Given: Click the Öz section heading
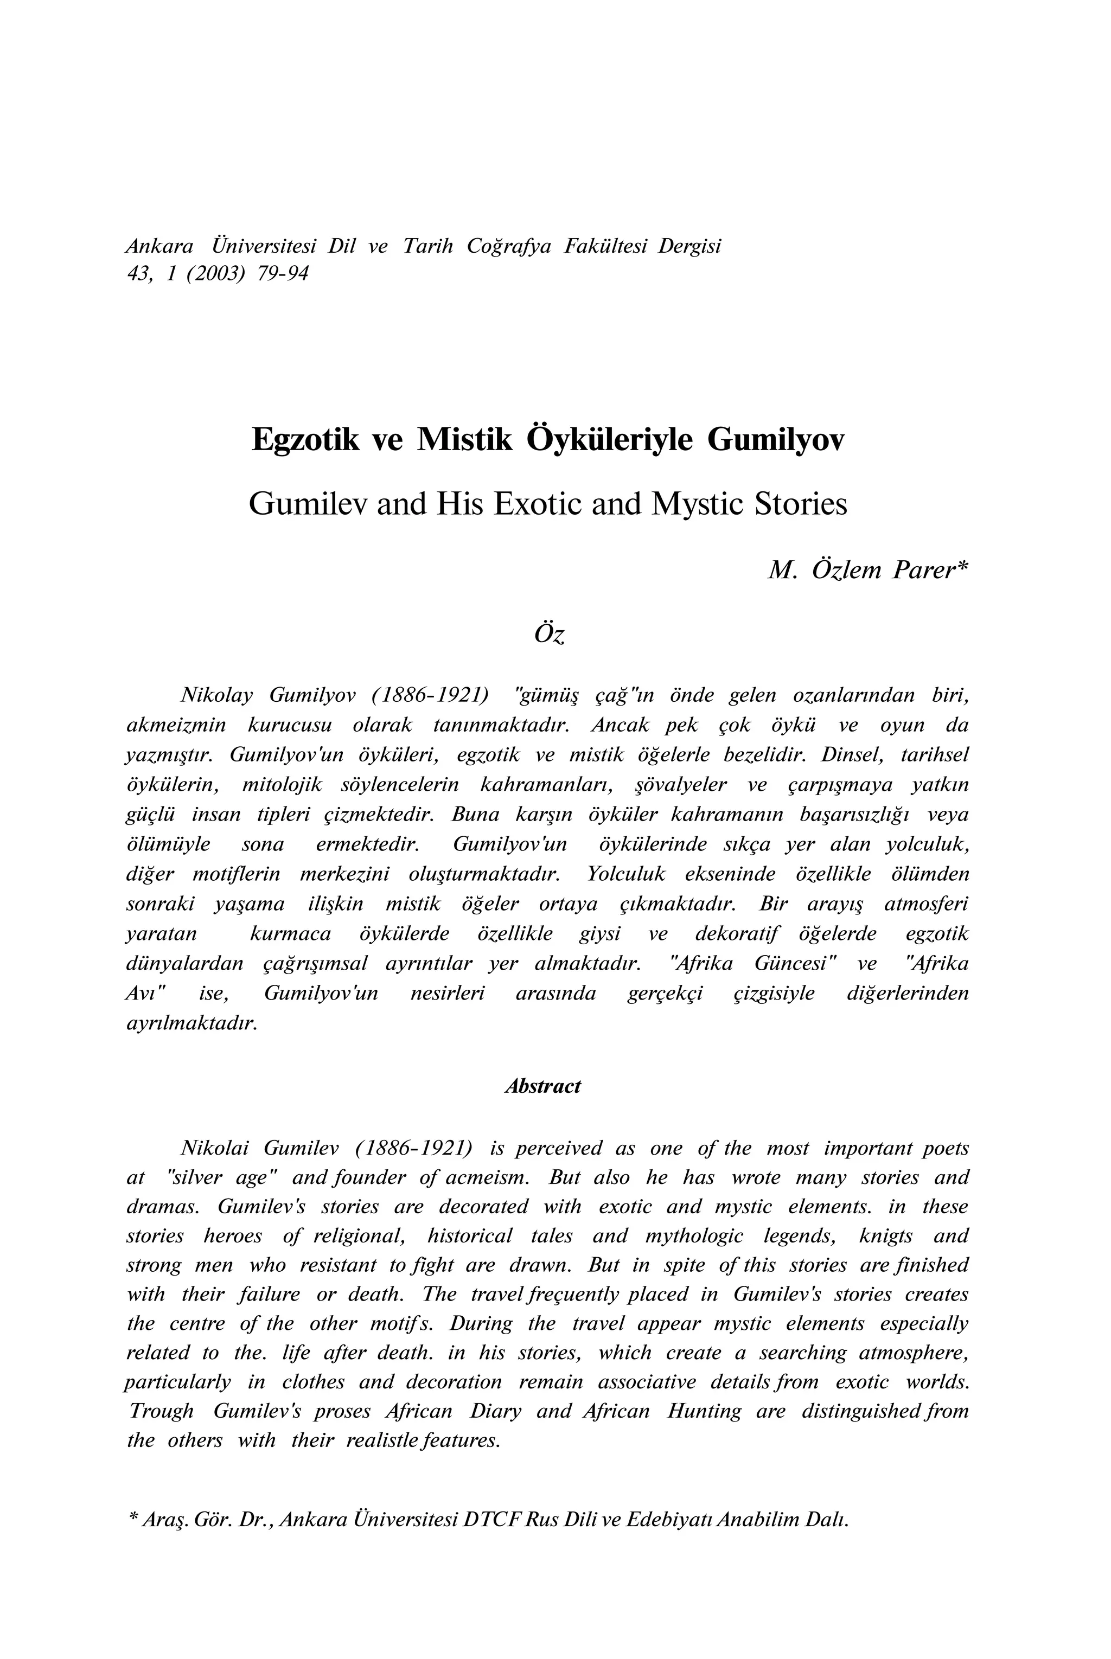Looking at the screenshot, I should (549, 634).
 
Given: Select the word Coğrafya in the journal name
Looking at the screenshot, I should (509, 247).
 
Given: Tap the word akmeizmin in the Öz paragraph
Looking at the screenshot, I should (176, 725).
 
